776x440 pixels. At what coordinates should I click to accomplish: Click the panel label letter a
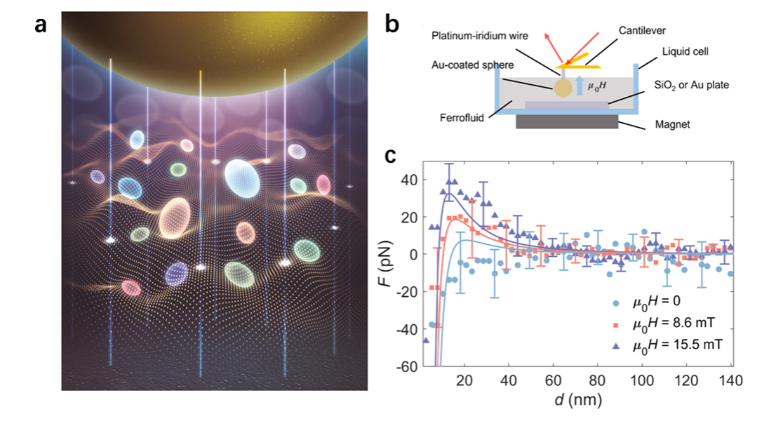click(x=41, y=25)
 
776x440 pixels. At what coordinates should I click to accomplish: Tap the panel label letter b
click(x=392, y=25)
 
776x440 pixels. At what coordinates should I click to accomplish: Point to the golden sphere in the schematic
click(x=563, y=88)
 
